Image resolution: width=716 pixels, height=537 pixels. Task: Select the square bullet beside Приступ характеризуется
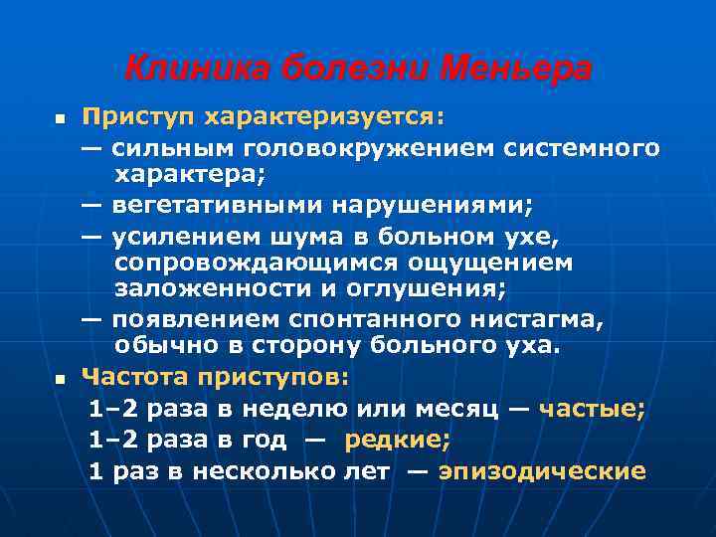click(x=58, y=119)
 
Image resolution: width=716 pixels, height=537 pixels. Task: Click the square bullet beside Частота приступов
click(x=58, y=379)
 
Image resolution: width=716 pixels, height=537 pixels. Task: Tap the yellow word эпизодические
click(x=542, y=471)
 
